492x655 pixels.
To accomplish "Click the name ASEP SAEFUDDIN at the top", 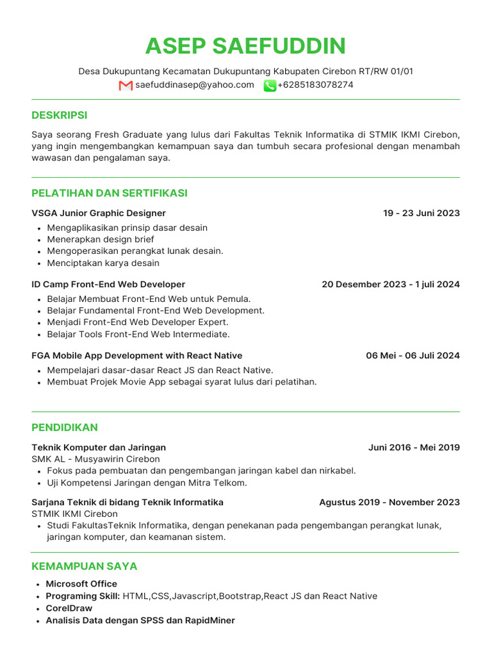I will (245, 46).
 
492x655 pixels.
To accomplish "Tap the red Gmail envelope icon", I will (126, 85).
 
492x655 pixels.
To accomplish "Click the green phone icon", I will (270, 85).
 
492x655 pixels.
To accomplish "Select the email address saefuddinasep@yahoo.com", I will (195, 85).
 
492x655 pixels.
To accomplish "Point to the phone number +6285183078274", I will (315, 85).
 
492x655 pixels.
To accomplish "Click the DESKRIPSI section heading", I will (60, 116).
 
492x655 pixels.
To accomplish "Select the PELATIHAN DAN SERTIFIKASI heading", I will (110, 193).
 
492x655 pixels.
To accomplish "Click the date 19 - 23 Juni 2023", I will (421, 214).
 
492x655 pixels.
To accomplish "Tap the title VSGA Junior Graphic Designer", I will (99, 214).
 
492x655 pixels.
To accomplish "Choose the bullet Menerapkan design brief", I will (101, 239).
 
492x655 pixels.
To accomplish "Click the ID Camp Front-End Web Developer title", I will (108, 285).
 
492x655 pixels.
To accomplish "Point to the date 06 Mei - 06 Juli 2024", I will (413, 356).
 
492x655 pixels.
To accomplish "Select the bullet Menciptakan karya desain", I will (103, 263).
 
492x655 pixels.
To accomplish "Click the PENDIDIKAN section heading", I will (65, 427).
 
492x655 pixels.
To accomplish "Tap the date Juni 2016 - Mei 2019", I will (414, 448).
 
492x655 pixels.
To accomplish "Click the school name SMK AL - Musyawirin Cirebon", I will (95, 459).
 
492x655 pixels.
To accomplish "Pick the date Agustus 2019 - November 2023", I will (389, 503).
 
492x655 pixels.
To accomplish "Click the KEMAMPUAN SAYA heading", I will (85, 567).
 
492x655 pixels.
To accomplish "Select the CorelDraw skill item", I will (69, 608).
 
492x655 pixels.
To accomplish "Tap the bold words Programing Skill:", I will (83, 596).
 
